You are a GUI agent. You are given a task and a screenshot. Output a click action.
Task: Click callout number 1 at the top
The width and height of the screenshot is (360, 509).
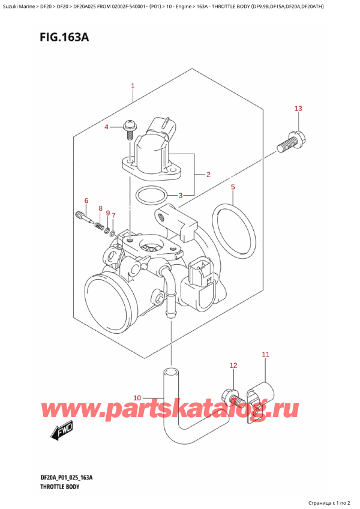pyautogui.click(x=133, y=86)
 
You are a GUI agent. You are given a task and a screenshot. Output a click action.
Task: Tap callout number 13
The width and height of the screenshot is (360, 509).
pyautogui.click(x=298, y=109)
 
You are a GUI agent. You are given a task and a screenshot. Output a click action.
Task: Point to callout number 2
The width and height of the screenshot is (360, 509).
pyautogui.click(x=208, y=175)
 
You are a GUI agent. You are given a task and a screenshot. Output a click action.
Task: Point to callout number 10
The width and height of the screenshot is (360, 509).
pyautogui.click(x=137, y=397)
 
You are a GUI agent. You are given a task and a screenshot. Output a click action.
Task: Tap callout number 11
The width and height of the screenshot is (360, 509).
pyautogui.click(x=266, y=355)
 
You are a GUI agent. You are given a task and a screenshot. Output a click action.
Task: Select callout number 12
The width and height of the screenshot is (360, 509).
pyautogui.click(x=233, y=365)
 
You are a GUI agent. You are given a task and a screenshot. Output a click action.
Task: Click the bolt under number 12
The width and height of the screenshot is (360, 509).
pyautogui.click(x=232, y=397)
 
